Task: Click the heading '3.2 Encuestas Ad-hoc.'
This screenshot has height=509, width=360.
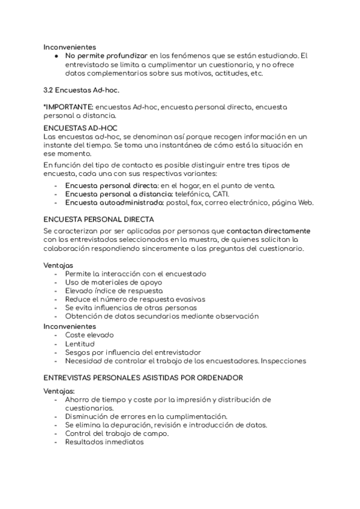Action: [82, 90]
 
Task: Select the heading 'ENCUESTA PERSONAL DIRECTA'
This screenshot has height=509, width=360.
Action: [98, 219]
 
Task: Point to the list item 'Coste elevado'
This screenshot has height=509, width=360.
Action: [89, 335]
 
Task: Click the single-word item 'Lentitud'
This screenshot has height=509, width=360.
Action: [80, 343]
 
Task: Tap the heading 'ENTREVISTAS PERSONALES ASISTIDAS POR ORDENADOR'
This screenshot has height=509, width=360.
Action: [143, 378]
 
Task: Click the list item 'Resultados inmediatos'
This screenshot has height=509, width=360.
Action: [105, 442]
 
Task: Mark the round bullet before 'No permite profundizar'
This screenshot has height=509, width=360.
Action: [56, 56]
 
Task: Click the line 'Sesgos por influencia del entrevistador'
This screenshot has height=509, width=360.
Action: [133, 352]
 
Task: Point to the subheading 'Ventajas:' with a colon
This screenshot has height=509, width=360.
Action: [59, 391]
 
